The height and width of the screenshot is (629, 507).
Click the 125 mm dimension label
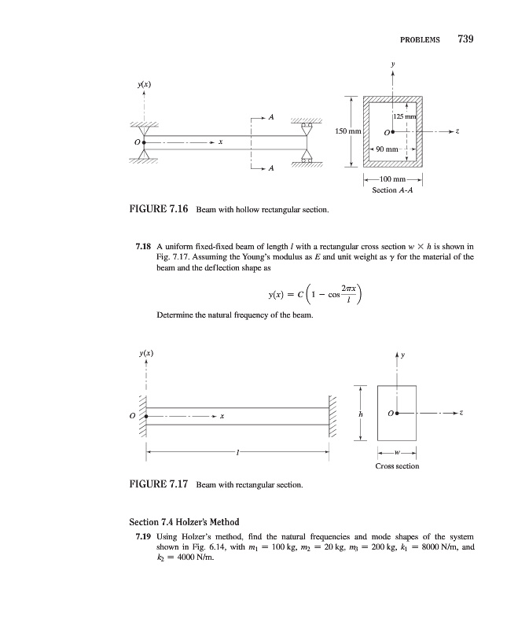pos(406,117)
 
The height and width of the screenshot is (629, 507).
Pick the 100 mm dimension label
pos(391,181)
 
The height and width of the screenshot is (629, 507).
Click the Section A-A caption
pos(391,191)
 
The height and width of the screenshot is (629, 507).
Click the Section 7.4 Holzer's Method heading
pos(183,522)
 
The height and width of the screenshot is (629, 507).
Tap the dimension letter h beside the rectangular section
pos(361,414)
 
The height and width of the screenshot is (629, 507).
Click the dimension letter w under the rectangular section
pos(397,452)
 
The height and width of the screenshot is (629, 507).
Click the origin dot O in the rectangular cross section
pos(399,413)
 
